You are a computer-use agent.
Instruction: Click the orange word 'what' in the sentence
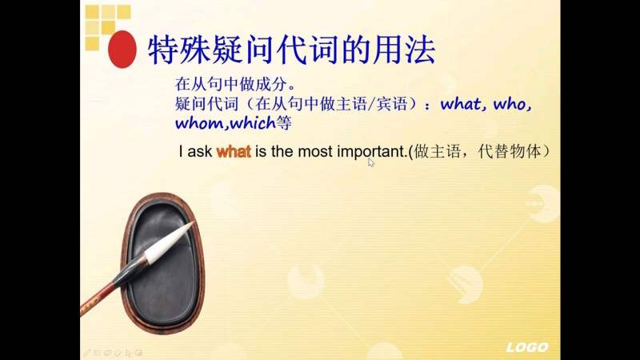[x=234, y=151]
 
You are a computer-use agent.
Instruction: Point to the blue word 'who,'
[x=513, y=103]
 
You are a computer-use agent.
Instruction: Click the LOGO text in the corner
[x=526, y=347]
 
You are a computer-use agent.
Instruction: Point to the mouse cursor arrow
[x=371, y=162]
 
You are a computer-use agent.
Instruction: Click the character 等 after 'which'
[x=283, y=123]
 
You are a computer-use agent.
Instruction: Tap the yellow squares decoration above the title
[x=106, y=21]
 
